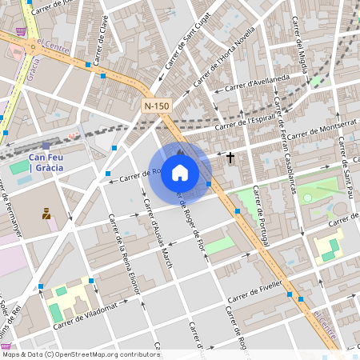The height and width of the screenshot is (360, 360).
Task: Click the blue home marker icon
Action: coord(180,172)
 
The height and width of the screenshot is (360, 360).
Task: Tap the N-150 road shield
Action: coord(157,106)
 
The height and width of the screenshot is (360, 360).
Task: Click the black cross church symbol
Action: coord(230,158)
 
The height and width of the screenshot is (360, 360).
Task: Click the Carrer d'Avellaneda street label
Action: coord(257,82)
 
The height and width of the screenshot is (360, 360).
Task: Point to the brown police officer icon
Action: coord(46,214)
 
